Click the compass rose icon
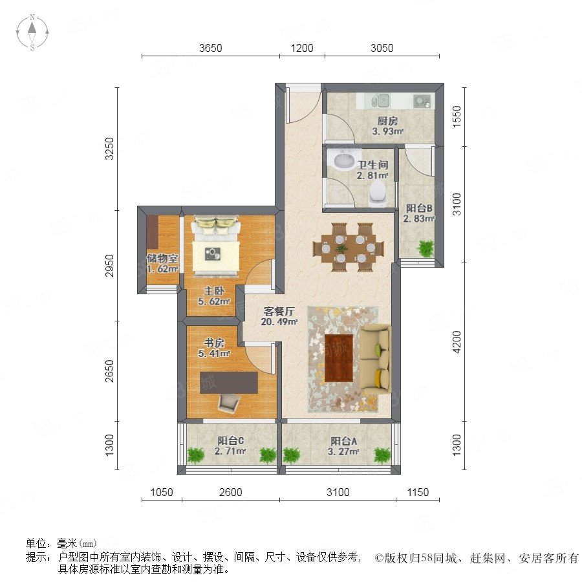(32, 32)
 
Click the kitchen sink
(380, 101)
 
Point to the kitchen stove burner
(422, 101)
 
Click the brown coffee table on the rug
(338, 358)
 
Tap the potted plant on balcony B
(426, 248)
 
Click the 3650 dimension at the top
(210, 48)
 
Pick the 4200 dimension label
(457, 342)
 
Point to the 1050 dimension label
(162, 492)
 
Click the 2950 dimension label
(109, 266)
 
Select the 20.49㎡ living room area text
(279, 322)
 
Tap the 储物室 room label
(162, 258)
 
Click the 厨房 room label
(387, 121)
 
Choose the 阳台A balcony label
(344, 441)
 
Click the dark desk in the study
(229, 383)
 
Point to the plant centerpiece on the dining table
(340, 248)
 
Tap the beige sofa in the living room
(376, 360)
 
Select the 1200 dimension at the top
(302, 48)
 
